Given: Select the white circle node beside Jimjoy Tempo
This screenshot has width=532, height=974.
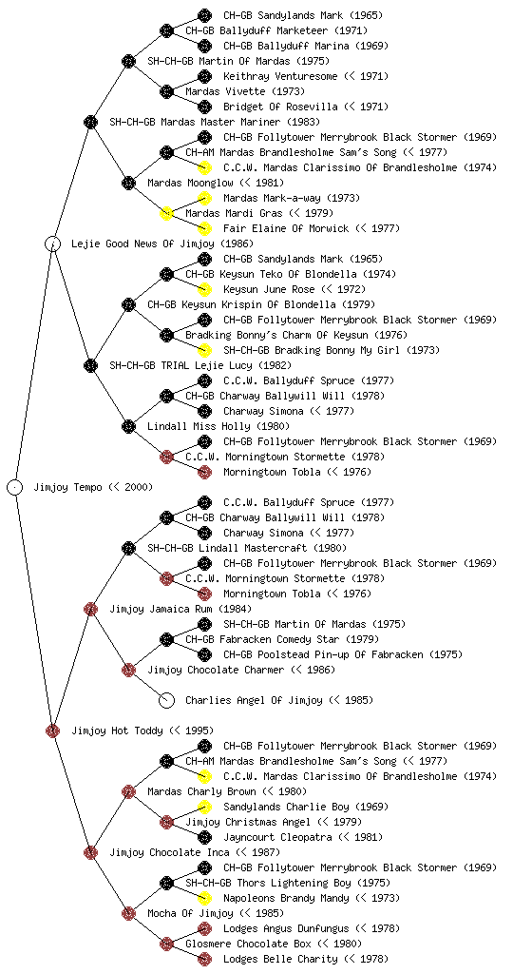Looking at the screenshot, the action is tap(15, 487).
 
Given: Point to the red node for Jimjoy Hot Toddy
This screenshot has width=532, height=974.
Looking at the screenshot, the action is tap(52, 730).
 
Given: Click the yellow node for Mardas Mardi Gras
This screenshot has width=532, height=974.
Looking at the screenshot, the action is tap(166, 213).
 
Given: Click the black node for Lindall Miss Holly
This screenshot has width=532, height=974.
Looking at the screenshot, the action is tap(128, 426).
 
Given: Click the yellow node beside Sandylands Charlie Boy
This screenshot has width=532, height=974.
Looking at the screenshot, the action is tap(204, 807).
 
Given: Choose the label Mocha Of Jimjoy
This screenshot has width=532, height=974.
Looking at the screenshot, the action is tap(190, 913).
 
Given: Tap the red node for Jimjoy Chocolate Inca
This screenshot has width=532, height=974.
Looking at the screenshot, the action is tap(90, 852).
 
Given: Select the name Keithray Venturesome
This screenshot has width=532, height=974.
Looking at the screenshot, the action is tap(280, 76).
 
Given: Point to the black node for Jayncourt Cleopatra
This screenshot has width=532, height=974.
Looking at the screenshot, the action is tap(204, 837).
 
